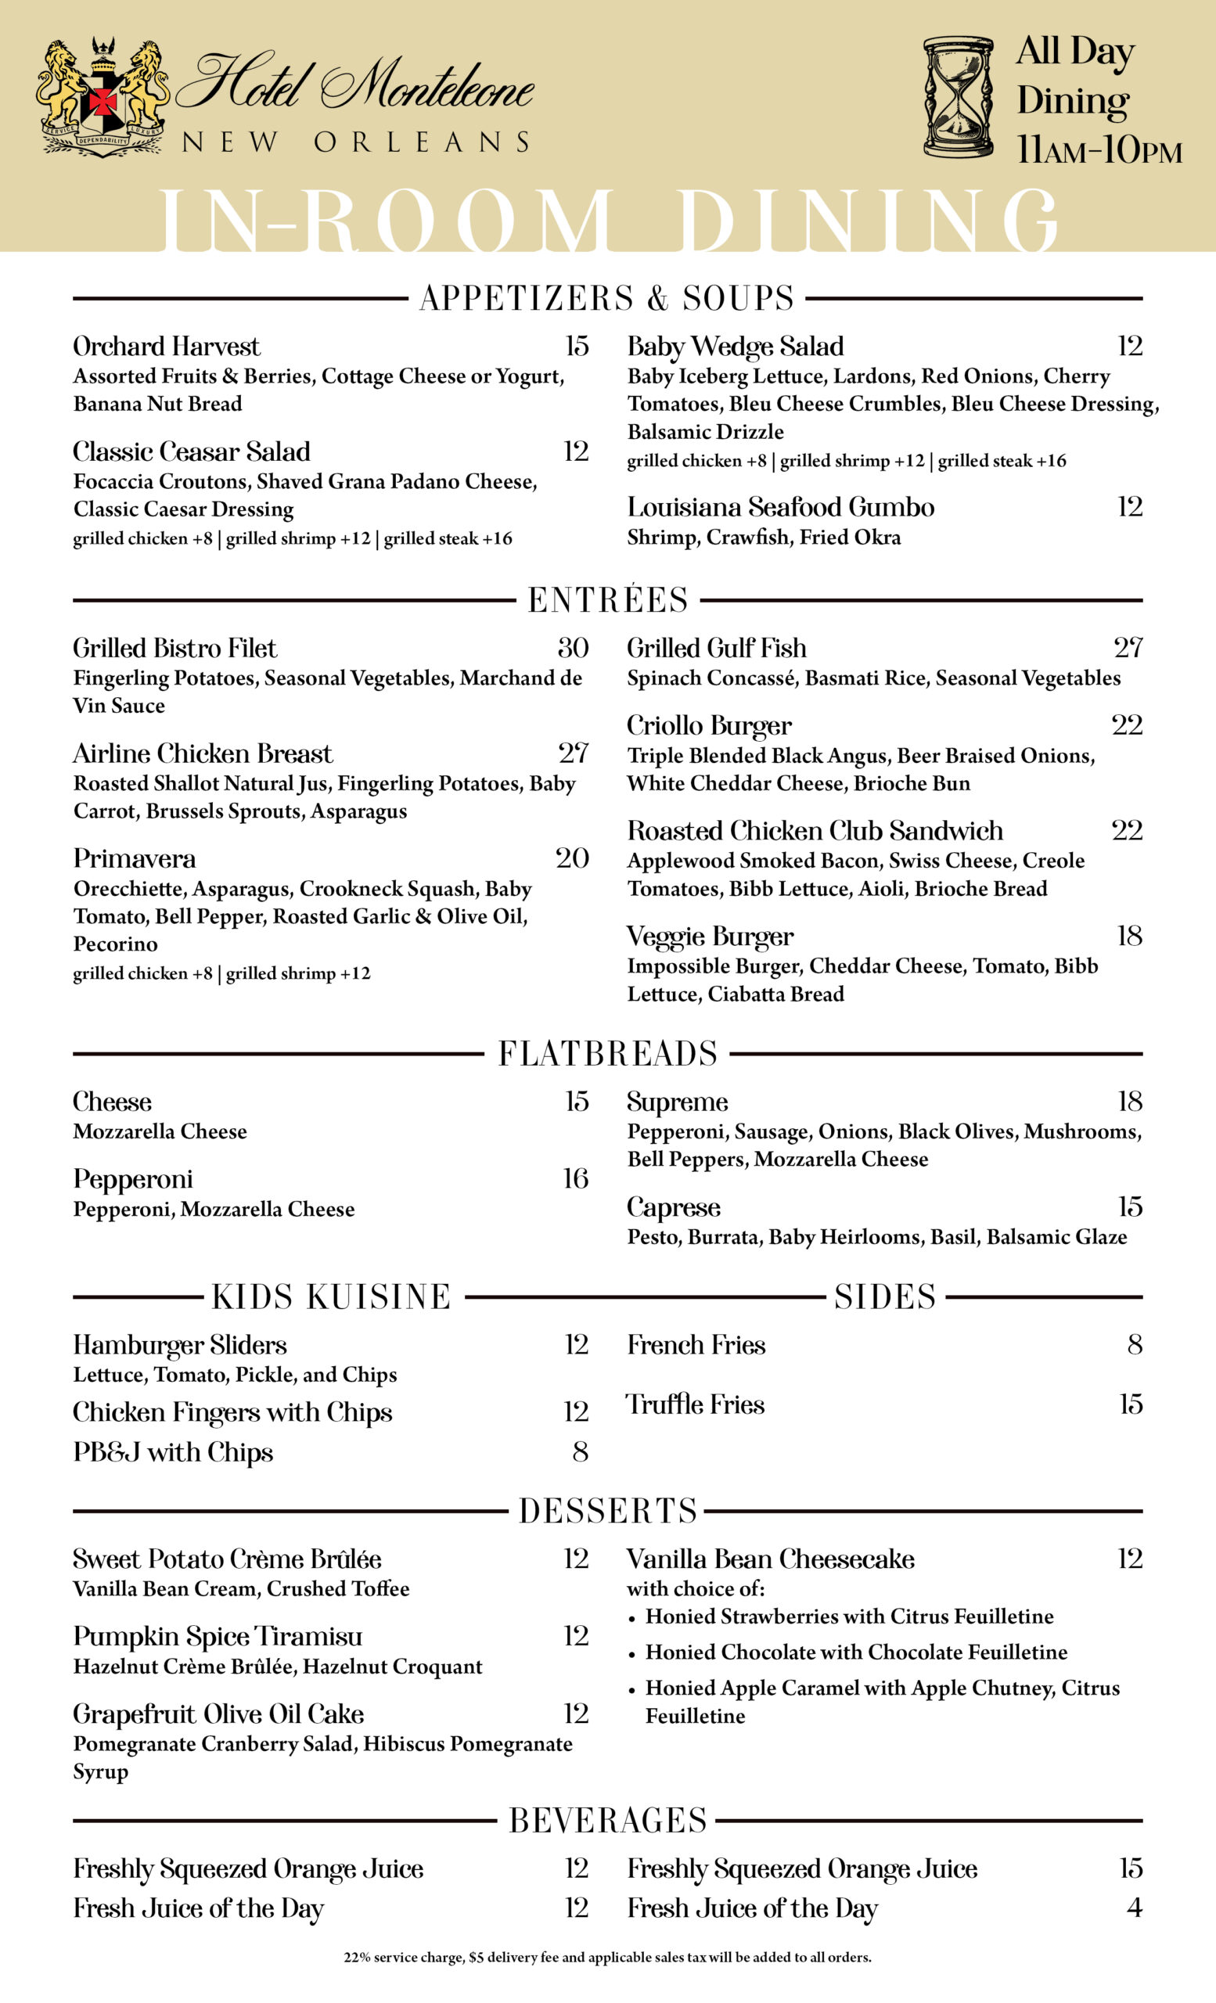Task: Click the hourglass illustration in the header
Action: click(x=958, y=97)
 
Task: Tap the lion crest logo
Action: click(x=102, y=97)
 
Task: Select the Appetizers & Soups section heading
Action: click(x=606, y=298)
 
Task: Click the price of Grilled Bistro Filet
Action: click(x=572, y=648)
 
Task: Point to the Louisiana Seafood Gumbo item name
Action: click(x=780, y=507)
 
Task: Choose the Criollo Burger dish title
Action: click(x=709, y=725)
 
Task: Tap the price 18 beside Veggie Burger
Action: click(x=1129, y=936)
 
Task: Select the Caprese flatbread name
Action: click(x=673, y=1207)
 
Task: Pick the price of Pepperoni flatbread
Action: click(x=575, y=1178)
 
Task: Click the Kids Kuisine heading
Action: click(x=331, y=1296)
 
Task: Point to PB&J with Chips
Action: click(x=173, y=1452)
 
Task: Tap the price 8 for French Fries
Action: click(x=1135, y=1344)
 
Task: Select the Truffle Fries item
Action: click(x=695, y=1404)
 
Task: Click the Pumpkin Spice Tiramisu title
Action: click(x=217, y=1635)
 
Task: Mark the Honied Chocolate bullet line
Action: click(x=856, y=1652)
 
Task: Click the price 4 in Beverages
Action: click(x=1134, y=1907)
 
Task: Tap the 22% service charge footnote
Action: click(x=607, y=1958)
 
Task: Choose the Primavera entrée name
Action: click(x=134, y=858)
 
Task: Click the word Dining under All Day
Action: click(x=1072, y=101)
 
